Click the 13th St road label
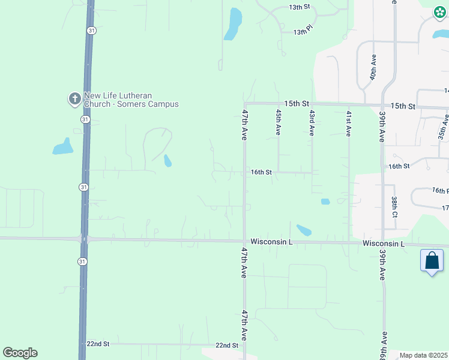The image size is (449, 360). point(298,7)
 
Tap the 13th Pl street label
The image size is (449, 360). point(304,32)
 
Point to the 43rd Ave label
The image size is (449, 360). point(312,122)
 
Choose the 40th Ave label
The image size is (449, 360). point(373,70)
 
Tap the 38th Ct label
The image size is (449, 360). point(394,207)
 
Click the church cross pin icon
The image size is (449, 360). point(74,99)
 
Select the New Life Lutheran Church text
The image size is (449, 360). point(131,100)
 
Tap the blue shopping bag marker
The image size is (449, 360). point(432,261)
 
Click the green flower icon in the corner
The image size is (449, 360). point(439,12)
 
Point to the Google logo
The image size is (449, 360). point(20,353)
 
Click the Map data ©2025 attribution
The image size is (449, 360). point(424,355)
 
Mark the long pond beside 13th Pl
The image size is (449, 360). point(233,25)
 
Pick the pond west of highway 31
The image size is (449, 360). point(62,146)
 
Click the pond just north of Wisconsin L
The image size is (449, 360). point(304,230)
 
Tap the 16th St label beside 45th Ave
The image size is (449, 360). point(261,172)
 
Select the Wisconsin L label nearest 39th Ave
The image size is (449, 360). point(384,244)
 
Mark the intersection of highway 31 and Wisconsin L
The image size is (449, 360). point(84,239)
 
